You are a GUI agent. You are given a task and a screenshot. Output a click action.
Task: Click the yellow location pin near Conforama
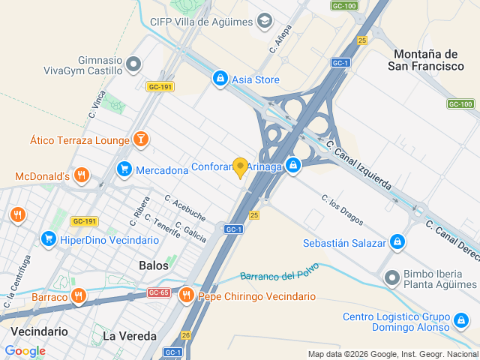[x=240, y=167]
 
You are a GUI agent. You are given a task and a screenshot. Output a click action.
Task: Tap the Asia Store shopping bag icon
[x=220, y=78]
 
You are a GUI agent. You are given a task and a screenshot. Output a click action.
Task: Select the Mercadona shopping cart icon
[x=124, y=169]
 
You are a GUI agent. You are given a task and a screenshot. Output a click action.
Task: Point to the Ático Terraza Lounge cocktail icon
[x=139, y=139]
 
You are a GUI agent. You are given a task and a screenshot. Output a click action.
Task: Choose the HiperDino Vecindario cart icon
[x=49, y=239]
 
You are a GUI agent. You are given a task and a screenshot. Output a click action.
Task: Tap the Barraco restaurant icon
[x=79, y=297]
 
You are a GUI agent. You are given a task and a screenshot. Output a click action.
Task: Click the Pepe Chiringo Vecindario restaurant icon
[x=186, y=295]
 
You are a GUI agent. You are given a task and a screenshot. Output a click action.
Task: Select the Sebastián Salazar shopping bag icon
[x=397, y=242]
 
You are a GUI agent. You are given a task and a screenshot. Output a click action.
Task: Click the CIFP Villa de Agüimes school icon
[x=264, y=20]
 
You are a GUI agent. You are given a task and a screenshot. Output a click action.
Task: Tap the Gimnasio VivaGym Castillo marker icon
[x=134, y=65]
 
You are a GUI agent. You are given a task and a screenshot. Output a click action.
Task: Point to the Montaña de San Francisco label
[x=426, y=60]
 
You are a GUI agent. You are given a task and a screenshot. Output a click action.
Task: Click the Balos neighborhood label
[x=154, y=265]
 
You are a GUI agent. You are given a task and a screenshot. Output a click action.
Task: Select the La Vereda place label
[x=129, y=335]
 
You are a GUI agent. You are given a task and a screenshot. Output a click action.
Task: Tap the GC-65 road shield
[x=159, y=292]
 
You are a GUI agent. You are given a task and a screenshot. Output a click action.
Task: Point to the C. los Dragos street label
[x=342, y=212]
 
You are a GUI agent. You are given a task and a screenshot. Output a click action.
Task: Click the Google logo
[x=25, y=350]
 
